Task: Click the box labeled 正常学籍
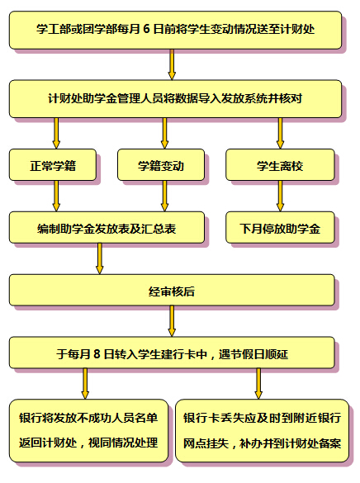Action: point(53,165)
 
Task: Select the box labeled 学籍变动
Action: point(161,165)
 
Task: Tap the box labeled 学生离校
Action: point(280,165)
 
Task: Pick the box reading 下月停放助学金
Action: point(280,227)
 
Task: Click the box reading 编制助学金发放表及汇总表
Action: point(107,227)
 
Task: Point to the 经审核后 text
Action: point(172,291)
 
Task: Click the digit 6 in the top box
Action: point(146,29)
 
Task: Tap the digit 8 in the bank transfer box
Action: point(97,353)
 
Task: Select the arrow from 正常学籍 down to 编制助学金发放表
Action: point(56,196)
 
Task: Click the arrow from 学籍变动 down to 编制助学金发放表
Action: point(165,196)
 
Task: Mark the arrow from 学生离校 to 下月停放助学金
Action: point(280,196)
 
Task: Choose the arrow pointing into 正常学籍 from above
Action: point(56,134)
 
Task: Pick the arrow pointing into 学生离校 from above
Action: point(280,134)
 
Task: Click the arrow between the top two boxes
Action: point(172,64)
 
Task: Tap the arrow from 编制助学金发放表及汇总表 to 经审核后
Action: point(99,258)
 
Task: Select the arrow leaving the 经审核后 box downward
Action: point(172,321)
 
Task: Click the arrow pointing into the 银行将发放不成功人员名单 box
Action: point(85,384)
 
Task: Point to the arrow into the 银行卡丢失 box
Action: point(258,384)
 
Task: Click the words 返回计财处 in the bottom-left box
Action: point(48,443)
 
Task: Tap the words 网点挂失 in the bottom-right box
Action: point(206,443)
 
